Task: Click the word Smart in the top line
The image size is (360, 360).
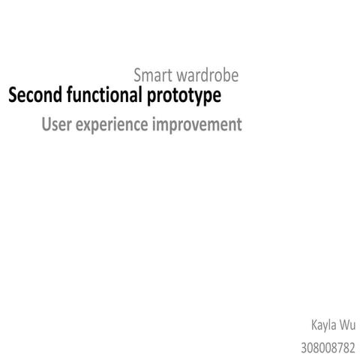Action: click(152, 76)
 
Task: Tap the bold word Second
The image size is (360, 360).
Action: click(32, 96)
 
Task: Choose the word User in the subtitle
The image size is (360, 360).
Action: click(56, 124)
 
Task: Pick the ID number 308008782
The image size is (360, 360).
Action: click(328, 347)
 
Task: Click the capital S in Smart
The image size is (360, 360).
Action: click(138, 76)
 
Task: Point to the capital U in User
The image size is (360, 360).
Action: click(46, 124)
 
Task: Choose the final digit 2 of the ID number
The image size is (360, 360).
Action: click(355, 347)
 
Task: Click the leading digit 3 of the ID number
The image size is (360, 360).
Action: click(303, 347)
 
